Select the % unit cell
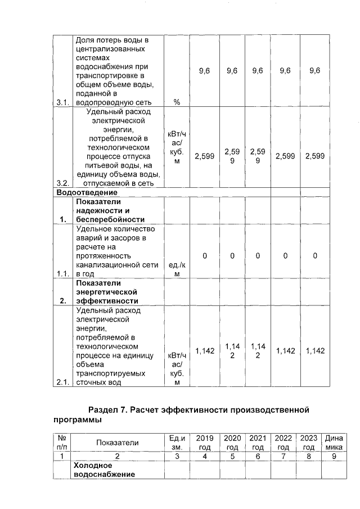click(x=177, y=102)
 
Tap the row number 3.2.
click(x=63, y=183)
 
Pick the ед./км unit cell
click(x=177, y=269)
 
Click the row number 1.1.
click(x=63, y=274)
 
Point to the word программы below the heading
click(x=79, y=420)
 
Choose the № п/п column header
click(x=63, y=442)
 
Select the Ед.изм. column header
click(x=177, y=442)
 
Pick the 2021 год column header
click(x=258, y=442)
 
